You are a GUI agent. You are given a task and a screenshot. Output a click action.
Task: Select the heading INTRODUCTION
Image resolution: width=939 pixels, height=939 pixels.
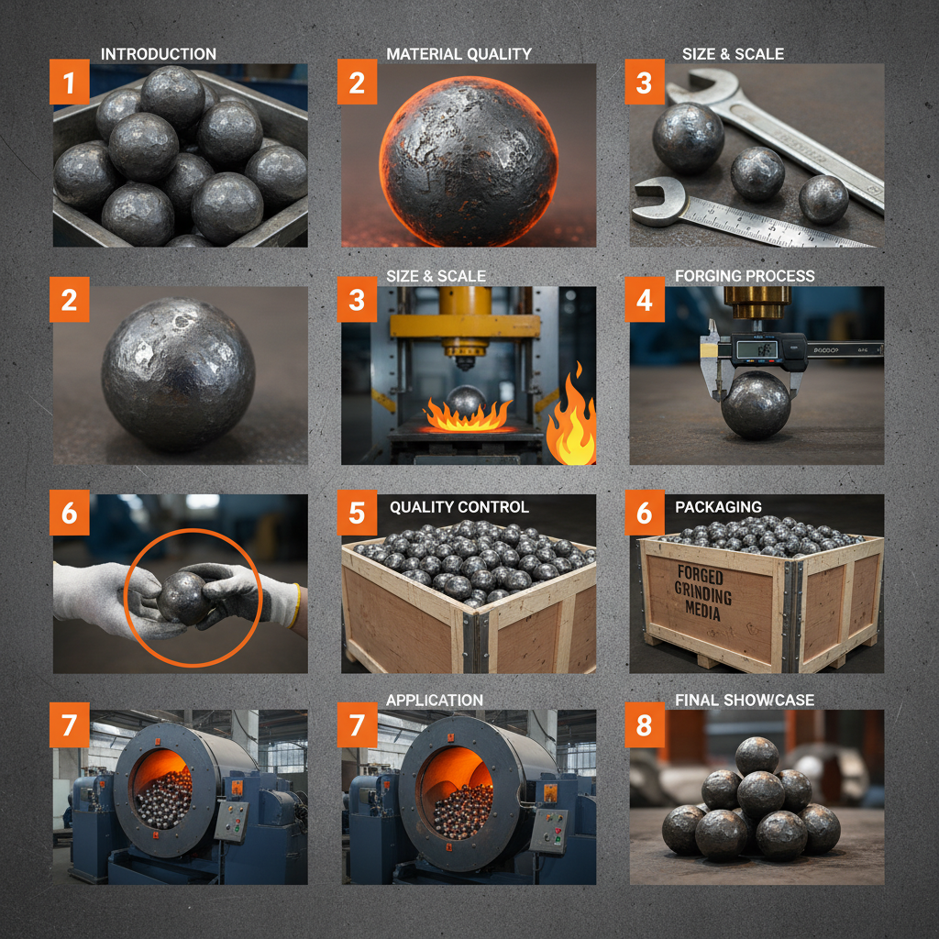159,54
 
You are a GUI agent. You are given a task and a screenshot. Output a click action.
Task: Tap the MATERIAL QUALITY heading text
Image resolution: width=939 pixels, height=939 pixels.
458,54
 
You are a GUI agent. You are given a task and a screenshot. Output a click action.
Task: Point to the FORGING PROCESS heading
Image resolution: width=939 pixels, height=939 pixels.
745,276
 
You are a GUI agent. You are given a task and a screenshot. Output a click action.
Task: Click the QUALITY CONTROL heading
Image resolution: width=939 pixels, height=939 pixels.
458,507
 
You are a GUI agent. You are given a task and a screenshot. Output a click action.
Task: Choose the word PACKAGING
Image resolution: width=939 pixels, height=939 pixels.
718,507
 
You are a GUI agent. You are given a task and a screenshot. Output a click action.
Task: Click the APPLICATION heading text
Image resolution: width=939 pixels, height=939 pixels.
435,701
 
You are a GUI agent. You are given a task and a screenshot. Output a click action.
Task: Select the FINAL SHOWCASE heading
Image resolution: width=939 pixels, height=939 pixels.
745,701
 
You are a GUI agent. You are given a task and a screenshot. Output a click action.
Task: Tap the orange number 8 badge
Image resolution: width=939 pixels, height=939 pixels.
645,727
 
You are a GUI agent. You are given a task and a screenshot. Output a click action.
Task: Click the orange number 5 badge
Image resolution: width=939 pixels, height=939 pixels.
357,514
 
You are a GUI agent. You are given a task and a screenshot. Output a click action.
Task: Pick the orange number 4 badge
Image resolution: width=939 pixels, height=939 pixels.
645,303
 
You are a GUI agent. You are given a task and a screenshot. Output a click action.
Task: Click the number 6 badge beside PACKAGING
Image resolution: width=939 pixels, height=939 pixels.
645,514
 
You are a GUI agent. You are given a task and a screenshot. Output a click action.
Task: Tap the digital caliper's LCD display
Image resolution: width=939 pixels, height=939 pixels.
755,349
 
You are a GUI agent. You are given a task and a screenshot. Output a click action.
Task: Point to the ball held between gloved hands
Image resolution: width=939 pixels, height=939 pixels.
183,598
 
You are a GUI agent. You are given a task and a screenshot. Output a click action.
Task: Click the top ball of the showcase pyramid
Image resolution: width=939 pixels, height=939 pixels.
757,755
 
